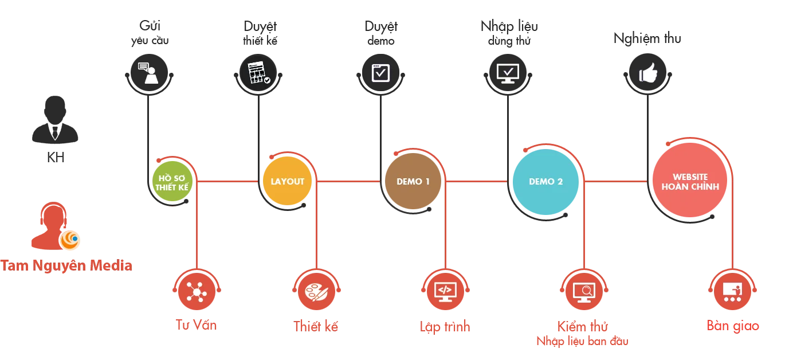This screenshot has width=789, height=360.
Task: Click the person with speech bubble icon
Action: (x=148, y=73)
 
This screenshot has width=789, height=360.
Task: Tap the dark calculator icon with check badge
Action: (x=258, y=73)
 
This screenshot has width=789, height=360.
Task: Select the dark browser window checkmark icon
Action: (x=380, y=73)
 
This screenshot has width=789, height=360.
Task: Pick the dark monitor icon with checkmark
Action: (x=507, y=73)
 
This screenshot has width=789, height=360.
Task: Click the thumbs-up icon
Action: (x=647, y=73)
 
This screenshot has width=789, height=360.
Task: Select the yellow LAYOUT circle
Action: (x=288, y=182)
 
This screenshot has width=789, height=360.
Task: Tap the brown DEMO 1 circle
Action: (x=413, y=182)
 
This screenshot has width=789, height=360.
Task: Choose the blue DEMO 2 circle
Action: (x=545, y=182)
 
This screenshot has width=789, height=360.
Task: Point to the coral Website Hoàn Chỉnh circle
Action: (x=690, y=182)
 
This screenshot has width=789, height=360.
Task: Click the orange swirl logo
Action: (x=70, y=241)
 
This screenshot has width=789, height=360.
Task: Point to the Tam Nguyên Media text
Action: (x=66, y=265)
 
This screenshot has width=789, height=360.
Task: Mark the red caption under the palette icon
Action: (x=316, y=326)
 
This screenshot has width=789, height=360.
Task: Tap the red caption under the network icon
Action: (x=197, y=325)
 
